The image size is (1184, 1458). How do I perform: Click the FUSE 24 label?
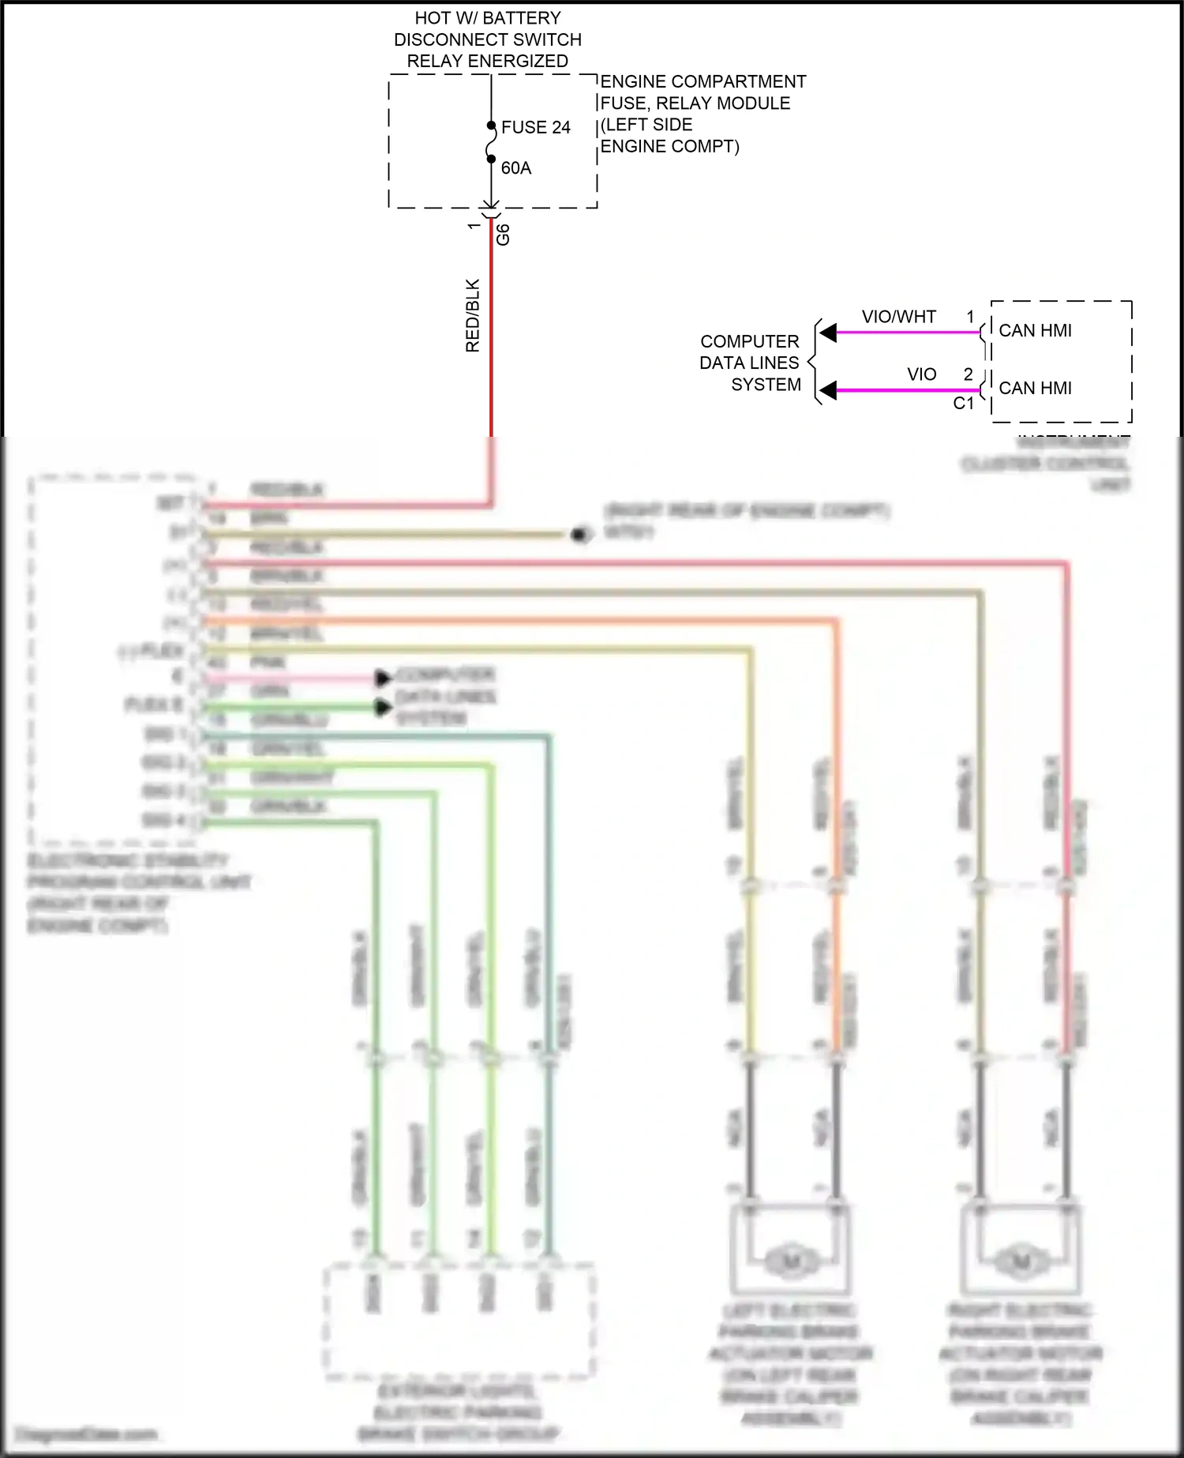[535, 127]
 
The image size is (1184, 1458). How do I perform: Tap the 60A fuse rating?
[516, 168]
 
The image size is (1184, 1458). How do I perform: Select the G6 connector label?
[503, 235]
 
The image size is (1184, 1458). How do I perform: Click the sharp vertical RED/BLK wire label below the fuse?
[473, 315]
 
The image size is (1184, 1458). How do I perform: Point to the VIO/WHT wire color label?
[898, 317]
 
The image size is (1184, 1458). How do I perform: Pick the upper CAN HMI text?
[1035, 330]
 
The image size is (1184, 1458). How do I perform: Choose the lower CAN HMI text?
[1035, 388]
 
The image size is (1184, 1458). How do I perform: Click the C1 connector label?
[964, 404]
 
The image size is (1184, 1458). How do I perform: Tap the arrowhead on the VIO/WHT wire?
[828, 333]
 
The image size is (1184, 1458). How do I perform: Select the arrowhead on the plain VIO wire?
[828, 390]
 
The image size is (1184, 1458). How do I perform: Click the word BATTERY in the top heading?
[521, 17]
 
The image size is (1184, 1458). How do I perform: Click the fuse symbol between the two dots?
[491, 142]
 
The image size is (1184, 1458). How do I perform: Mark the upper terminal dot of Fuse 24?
[491, 125]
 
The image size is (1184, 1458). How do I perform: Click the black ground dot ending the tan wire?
[582, 535]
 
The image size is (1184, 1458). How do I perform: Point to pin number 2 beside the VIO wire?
[968, 374]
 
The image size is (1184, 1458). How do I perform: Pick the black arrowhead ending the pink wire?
[384, 678]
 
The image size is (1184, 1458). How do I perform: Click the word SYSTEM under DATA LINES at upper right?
[766, 385]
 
